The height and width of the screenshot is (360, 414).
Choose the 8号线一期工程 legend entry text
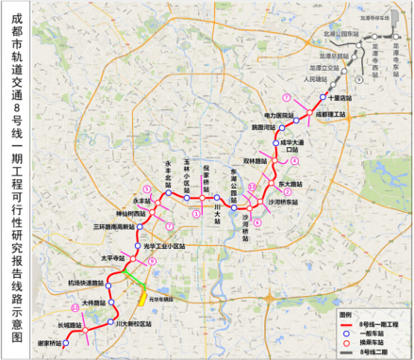(379, 322)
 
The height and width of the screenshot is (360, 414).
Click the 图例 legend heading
(345, 314)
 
